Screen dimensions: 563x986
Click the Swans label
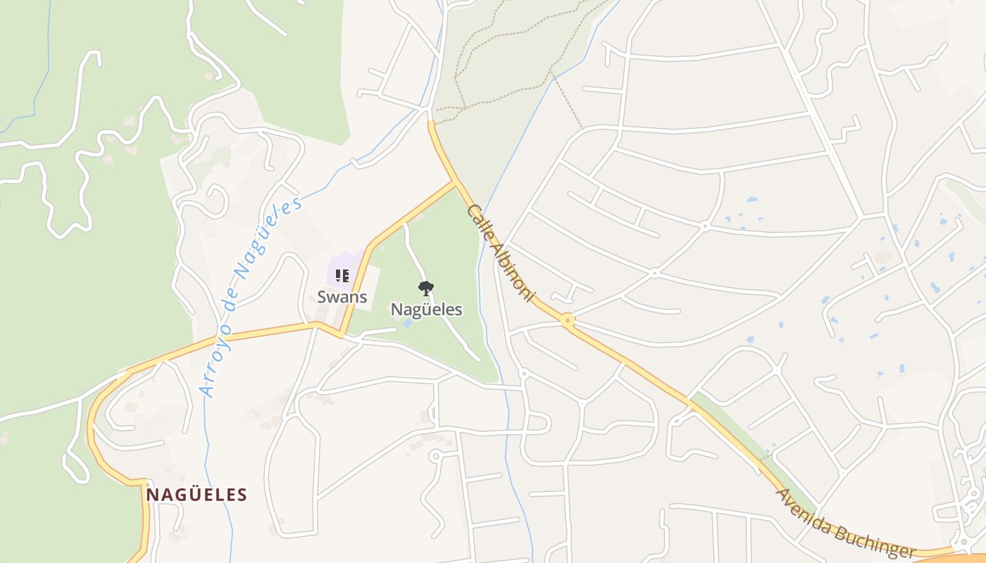(342, 296)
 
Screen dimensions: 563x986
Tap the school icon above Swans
(342, 275)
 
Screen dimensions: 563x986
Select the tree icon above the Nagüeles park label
(425, 287)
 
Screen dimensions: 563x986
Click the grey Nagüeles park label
(426, 310)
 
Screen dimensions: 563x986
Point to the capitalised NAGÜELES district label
(196, 495)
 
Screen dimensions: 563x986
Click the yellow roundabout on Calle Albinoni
(568, 321)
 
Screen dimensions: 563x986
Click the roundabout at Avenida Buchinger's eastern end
(962, 543)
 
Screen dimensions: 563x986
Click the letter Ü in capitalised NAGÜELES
(185, 495)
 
